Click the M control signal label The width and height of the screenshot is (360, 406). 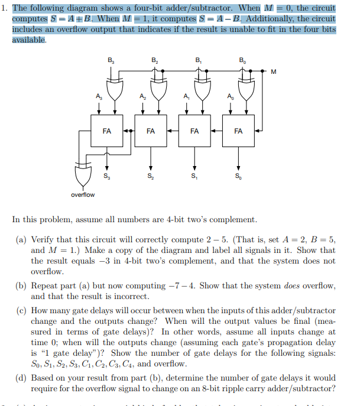tap(273, 73)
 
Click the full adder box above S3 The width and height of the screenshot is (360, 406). tap(107, 131)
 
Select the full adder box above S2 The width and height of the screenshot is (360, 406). tap(151, 131)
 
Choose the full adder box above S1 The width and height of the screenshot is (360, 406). tap(194, 131)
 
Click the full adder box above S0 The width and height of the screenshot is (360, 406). tap(238, 131)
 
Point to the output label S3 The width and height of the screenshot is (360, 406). tap(106, 176)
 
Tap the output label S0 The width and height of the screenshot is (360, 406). tap(238, 176)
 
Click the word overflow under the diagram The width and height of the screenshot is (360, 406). tap(83, 194)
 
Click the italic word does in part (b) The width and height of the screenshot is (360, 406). tap(293, 287)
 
